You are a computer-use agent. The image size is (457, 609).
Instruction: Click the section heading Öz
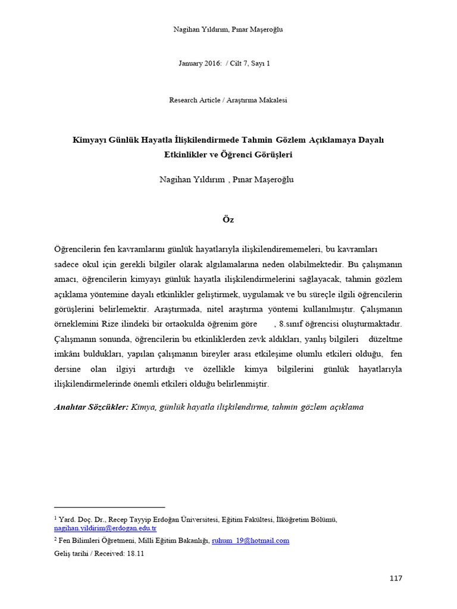click(x=228, y=219)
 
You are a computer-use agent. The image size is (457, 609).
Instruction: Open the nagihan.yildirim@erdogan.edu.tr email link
click(x=105, y=528)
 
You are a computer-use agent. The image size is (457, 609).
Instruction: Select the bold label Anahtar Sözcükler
click(x=91, y=407)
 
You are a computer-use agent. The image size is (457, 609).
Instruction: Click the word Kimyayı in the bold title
click(x=88, y=140)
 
